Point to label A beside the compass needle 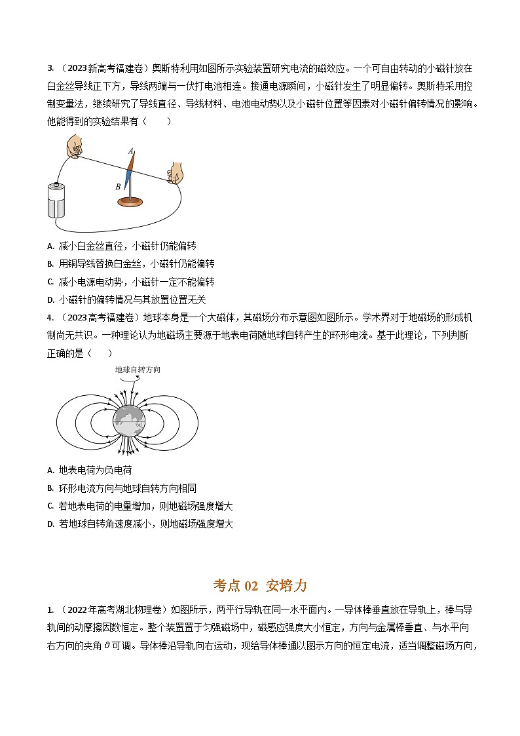point(130,151)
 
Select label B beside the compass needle point(118,187)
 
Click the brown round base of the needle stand point(134,201)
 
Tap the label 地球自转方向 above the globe point(138,370)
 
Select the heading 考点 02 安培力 point(260,585)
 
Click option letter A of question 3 point(50,246)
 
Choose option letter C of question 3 point(50,282)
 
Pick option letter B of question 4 point(50,488)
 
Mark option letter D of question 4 point(50,524)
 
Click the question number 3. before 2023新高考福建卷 point(50,68)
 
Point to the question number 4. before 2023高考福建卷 point(50,317)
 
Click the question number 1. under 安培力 point(50,609)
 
